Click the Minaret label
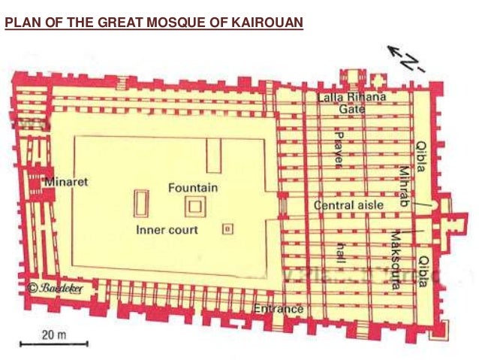(x=66, y=182)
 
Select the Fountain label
(x=192, y=187)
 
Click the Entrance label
(x=278, y=309)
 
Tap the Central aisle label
(x=348, y=205)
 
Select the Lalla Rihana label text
(x=351, y=98)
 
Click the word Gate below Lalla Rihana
(x=351, y=110)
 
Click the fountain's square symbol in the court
(x=196, y=205)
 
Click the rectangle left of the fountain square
(x=140, y=204)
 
